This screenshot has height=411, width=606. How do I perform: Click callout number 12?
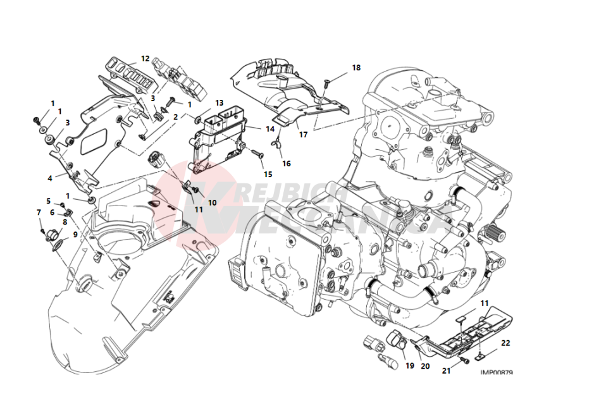click(x=145, y=59)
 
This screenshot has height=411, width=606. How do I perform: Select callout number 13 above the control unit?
click(x=219, y=102)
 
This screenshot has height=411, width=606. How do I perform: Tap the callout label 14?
click(x=270, y=129)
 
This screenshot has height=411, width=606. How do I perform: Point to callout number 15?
click(x=268, y=175)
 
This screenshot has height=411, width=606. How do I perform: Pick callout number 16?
click(x=287, y=164)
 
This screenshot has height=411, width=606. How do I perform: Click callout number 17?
click(x=304, y=135)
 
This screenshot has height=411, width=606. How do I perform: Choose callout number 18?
click(x=356, y=68)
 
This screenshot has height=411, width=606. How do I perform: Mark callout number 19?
click(x=409, y=365)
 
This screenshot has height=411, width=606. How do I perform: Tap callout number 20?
click(x=425, y=366)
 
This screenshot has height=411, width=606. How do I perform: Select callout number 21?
click(x=446, y=371)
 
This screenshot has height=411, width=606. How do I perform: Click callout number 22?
click(x=505, y=343)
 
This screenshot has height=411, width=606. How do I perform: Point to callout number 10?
click(x=213, y=202)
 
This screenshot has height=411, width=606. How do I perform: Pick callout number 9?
click(x=75, y=235)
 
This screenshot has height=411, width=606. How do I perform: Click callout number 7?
click(x=39, y=212)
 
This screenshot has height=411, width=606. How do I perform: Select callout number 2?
click(x=176, y=117)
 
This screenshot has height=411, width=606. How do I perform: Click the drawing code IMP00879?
click(x=496, y=372)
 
